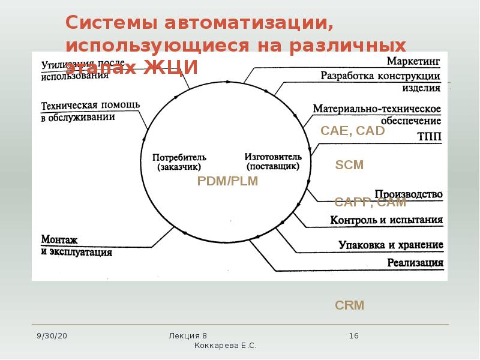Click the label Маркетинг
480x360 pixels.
[413, 61]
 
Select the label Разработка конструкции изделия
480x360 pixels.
[380, 82]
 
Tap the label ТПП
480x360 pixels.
[428, 136]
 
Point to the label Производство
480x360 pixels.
[409, 194]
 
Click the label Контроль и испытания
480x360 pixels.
[386, 220]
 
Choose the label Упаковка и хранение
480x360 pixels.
[391, 245]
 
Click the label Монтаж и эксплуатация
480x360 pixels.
[76, 246]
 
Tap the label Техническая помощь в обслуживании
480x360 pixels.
[90, 112]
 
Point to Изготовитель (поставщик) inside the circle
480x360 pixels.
[271, 160]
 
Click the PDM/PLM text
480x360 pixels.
[227, 181]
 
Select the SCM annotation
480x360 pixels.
[349, 164]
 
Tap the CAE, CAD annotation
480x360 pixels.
[352, 130]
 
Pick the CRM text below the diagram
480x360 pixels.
[349, 305]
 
